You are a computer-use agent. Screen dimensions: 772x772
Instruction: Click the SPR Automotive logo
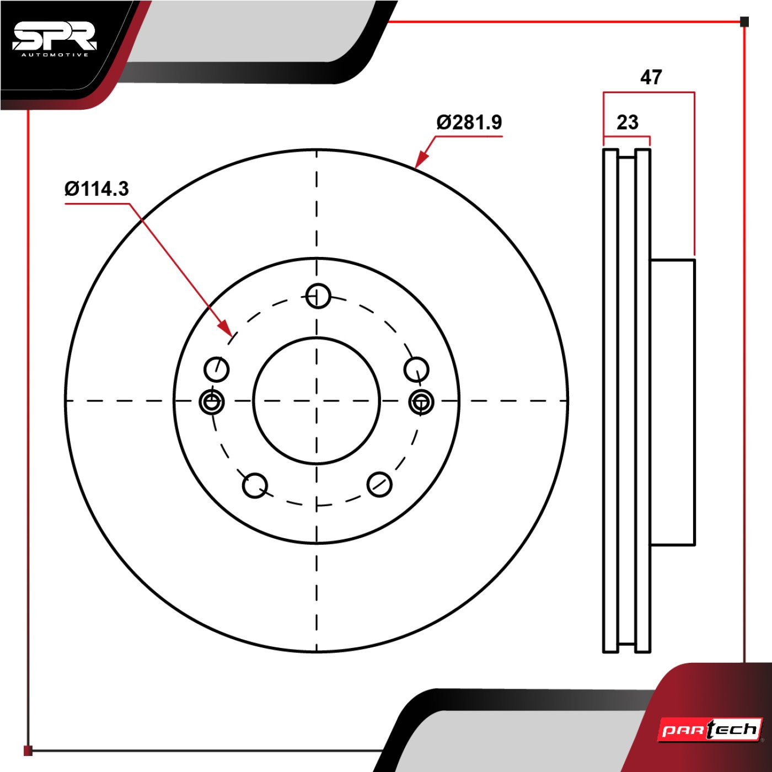click(55, 40)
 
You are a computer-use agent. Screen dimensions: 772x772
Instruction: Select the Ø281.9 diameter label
click(469, 122)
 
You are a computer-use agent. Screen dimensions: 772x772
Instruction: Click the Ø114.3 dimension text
click(97, 189)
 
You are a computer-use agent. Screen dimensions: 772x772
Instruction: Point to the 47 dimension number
click(651, 77)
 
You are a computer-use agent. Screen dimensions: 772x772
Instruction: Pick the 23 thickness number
click(628, 122)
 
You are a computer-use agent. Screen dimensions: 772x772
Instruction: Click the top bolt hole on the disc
click(318, 296)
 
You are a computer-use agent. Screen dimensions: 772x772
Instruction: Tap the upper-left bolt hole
click(216, 369)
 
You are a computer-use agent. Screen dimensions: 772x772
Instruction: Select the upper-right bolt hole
click(416, 369)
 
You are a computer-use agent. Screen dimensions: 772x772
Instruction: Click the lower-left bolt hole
click(255, 485)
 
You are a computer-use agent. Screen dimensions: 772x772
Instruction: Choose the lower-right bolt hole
click(379, 484)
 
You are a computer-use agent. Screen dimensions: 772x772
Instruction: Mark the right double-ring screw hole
click(421, 401)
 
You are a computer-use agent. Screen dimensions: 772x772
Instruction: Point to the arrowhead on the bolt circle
click(225, 328)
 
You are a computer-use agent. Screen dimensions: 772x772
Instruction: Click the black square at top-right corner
click(744, 22)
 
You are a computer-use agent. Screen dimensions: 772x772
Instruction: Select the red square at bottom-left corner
click(28, 750)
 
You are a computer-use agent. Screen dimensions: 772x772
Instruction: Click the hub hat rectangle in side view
click(672, 402)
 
